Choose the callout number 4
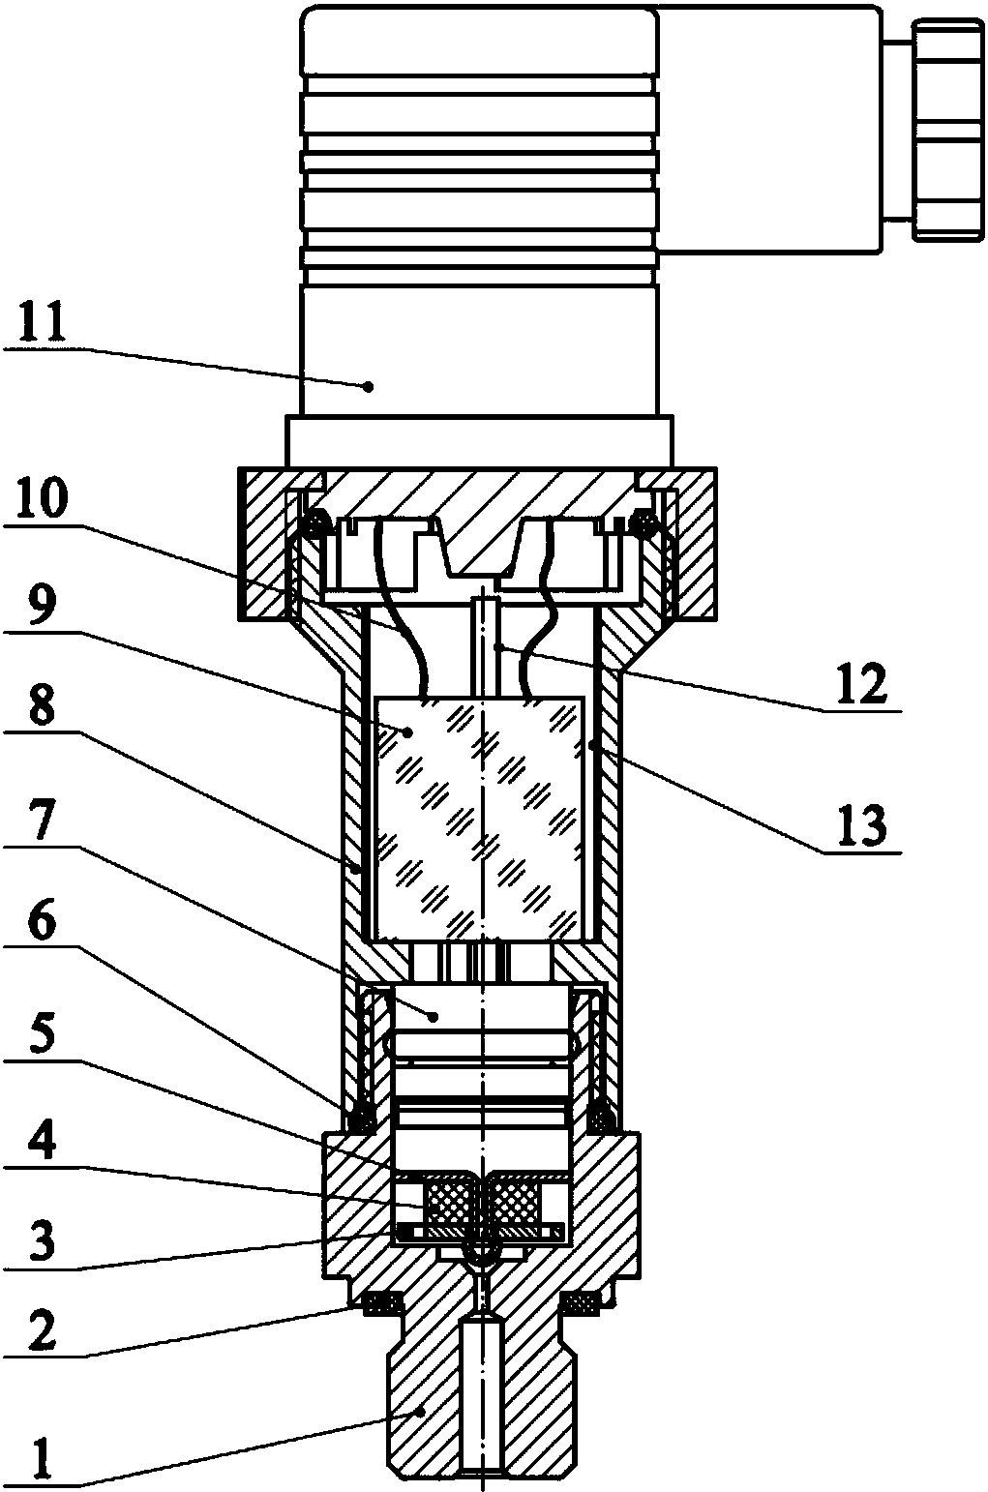click(x=40, y=1148)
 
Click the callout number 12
click(x=860, y=685)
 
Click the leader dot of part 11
click(x=369, y=386)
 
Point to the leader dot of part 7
click(x=434, y=1015)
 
